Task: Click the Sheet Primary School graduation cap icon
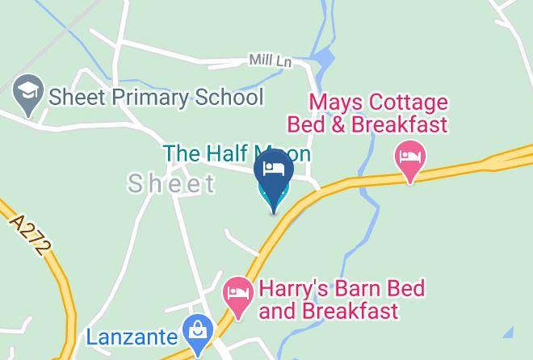(30, 98)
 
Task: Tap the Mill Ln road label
(270, 61)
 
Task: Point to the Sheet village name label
(172, 184)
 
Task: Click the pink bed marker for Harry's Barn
(237, 295)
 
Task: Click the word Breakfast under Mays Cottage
(403, 125)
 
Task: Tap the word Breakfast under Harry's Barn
(354, 311)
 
